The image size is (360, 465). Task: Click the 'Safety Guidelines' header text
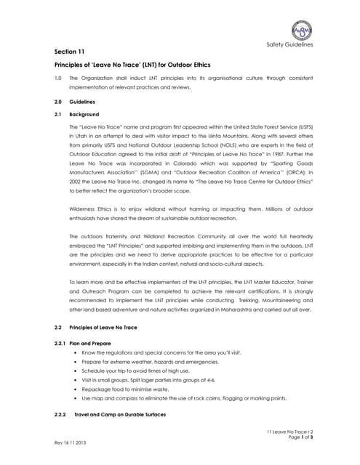pyautogui.click(x=289, y=45)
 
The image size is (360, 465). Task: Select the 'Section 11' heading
pyautogui.click(x=70, y=52)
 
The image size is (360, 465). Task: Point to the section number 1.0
pyautogui.click(x=58, y=78)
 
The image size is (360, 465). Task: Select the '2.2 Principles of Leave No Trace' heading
pyautogui.click(x=102, y=328)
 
